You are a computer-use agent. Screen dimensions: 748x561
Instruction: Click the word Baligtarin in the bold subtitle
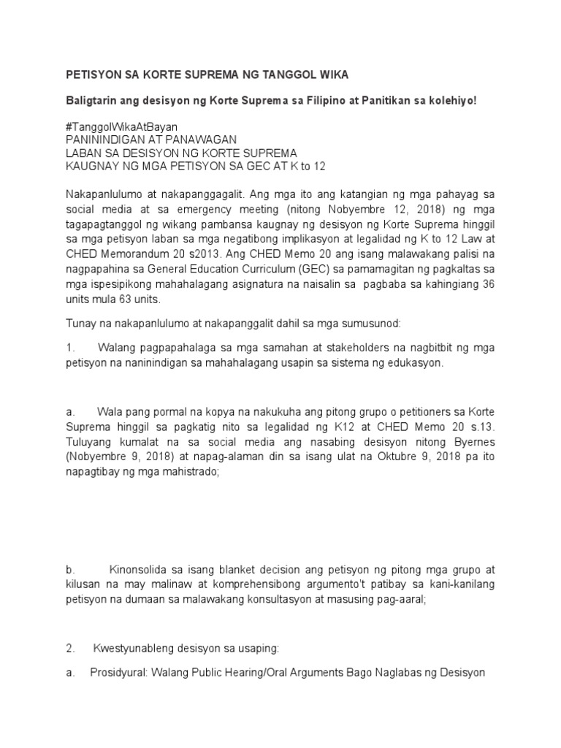coord(93,100)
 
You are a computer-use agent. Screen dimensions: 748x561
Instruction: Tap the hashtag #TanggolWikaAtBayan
coord(121,126)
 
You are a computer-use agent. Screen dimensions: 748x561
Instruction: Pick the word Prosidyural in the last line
coord(119,672)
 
